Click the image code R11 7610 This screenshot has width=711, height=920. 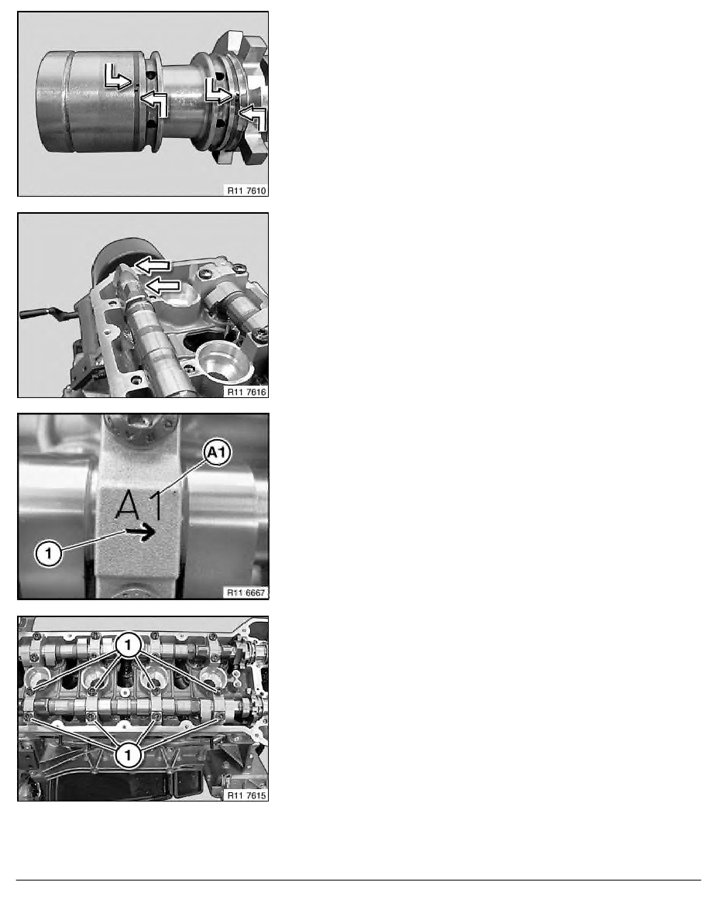click(246, 191)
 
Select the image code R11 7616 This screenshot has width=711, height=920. click(246, 392)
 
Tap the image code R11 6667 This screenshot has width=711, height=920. click(246, 593)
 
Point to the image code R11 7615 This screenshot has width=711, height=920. click(246, 795)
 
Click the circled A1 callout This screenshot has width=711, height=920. click(217, 453)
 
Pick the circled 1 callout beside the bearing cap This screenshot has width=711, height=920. click(49, 553)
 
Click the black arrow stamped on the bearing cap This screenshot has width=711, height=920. click(140, 531)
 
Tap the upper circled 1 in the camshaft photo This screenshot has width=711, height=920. click(128, 646)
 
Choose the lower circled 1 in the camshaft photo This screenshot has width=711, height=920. click(128, 754)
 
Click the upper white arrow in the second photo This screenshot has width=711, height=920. click(153, 265)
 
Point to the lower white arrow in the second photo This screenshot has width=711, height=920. click(162, 286)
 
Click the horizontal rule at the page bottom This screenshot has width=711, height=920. click(359, 880)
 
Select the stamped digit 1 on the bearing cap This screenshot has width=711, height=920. click(156, 505)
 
